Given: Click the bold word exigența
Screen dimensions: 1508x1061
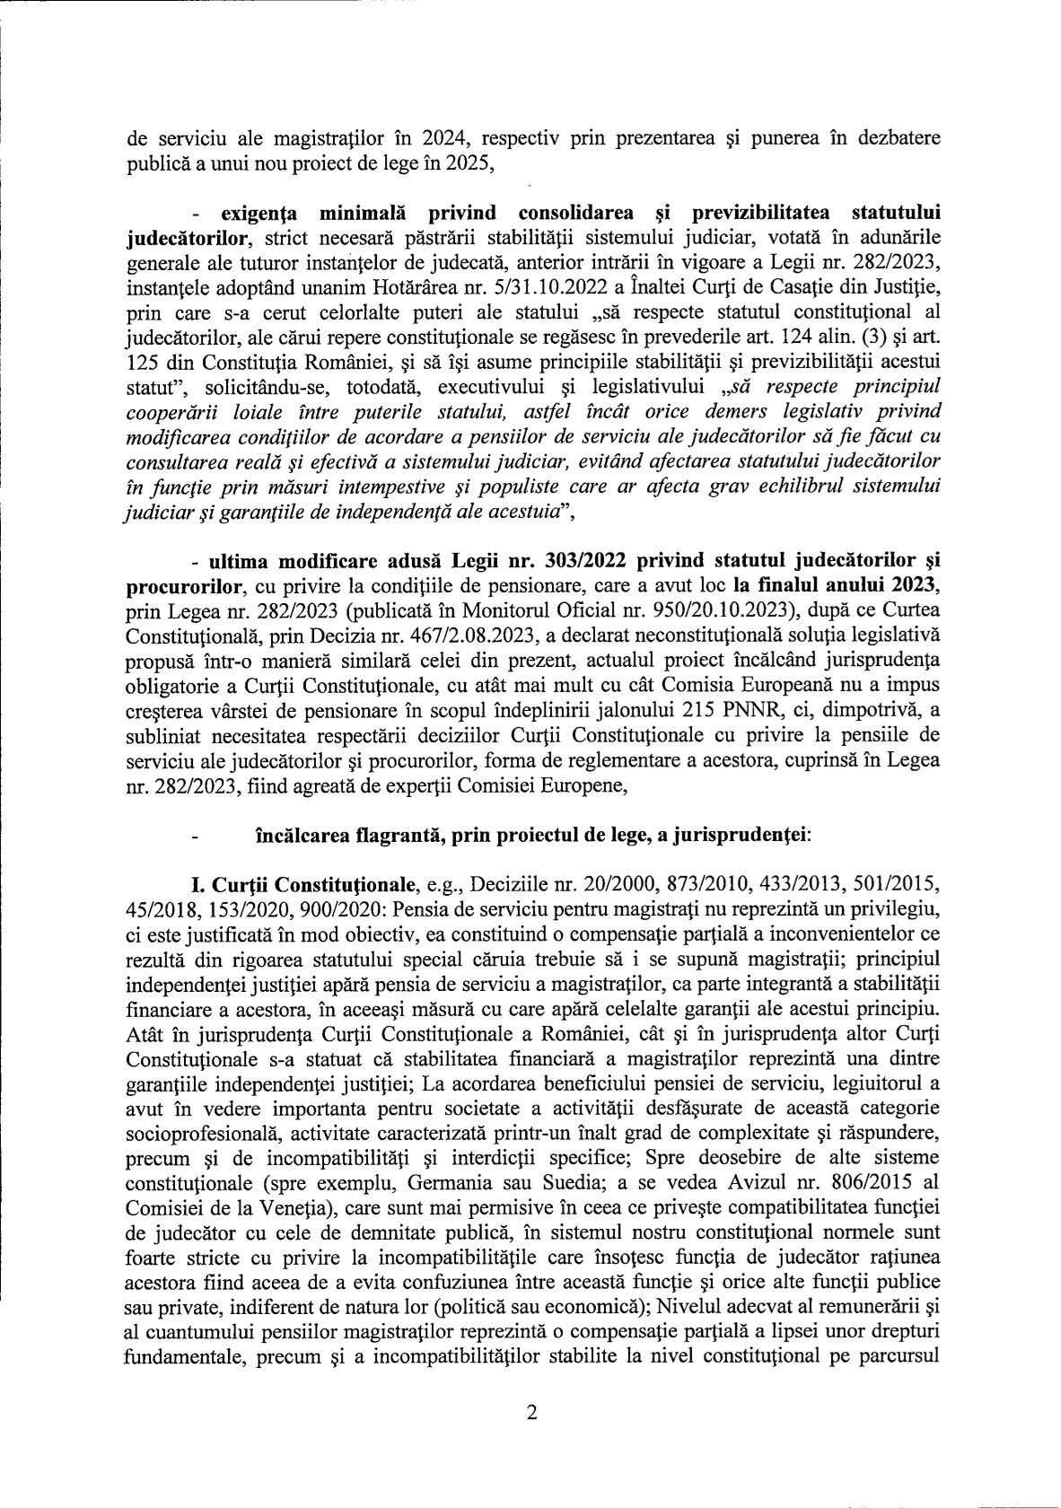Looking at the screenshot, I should pyautogui.click(x=250, y=212).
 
